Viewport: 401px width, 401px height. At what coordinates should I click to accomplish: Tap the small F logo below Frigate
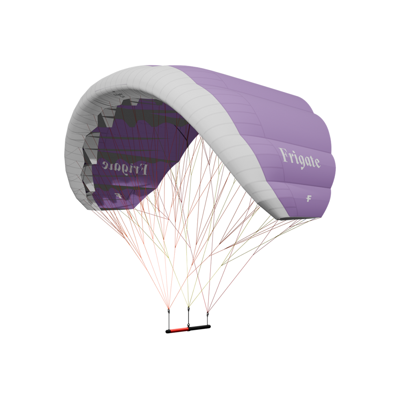[x=309, y=198]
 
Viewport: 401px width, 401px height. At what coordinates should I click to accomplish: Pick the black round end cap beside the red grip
[x=167, y=331]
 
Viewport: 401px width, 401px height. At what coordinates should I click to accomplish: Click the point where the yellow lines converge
[x=188, y=307]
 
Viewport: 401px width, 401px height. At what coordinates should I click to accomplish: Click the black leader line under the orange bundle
[x=169, y=319]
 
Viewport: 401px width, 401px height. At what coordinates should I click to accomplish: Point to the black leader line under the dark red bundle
[x=207, y=319]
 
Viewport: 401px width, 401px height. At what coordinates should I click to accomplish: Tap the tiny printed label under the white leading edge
[x=118, y=95]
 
